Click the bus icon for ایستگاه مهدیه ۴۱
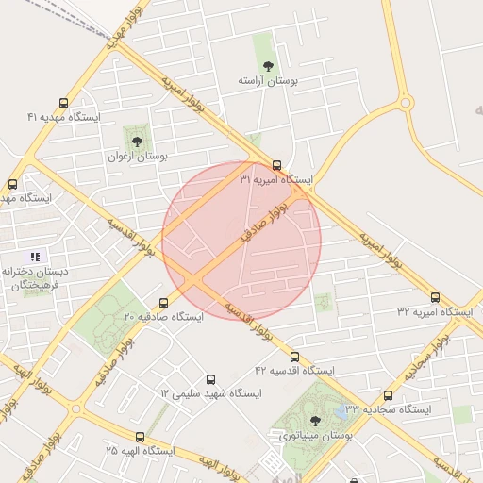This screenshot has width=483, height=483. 63,104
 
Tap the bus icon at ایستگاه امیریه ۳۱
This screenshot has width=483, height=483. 276,164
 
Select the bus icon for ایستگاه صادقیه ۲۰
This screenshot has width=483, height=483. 164,303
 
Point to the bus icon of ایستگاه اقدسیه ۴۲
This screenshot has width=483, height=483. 294,357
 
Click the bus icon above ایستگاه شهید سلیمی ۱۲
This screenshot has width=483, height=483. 209,378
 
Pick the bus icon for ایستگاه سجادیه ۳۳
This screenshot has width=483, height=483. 387,396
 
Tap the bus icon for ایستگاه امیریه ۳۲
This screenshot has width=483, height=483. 435,297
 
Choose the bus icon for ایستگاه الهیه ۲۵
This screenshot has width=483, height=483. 140,437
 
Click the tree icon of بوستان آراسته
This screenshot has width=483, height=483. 269,65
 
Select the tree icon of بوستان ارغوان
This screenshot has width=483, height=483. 138,142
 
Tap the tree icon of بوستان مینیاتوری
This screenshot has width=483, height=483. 314,421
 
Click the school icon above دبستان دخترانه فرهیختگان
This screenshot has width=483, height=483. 35,257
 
